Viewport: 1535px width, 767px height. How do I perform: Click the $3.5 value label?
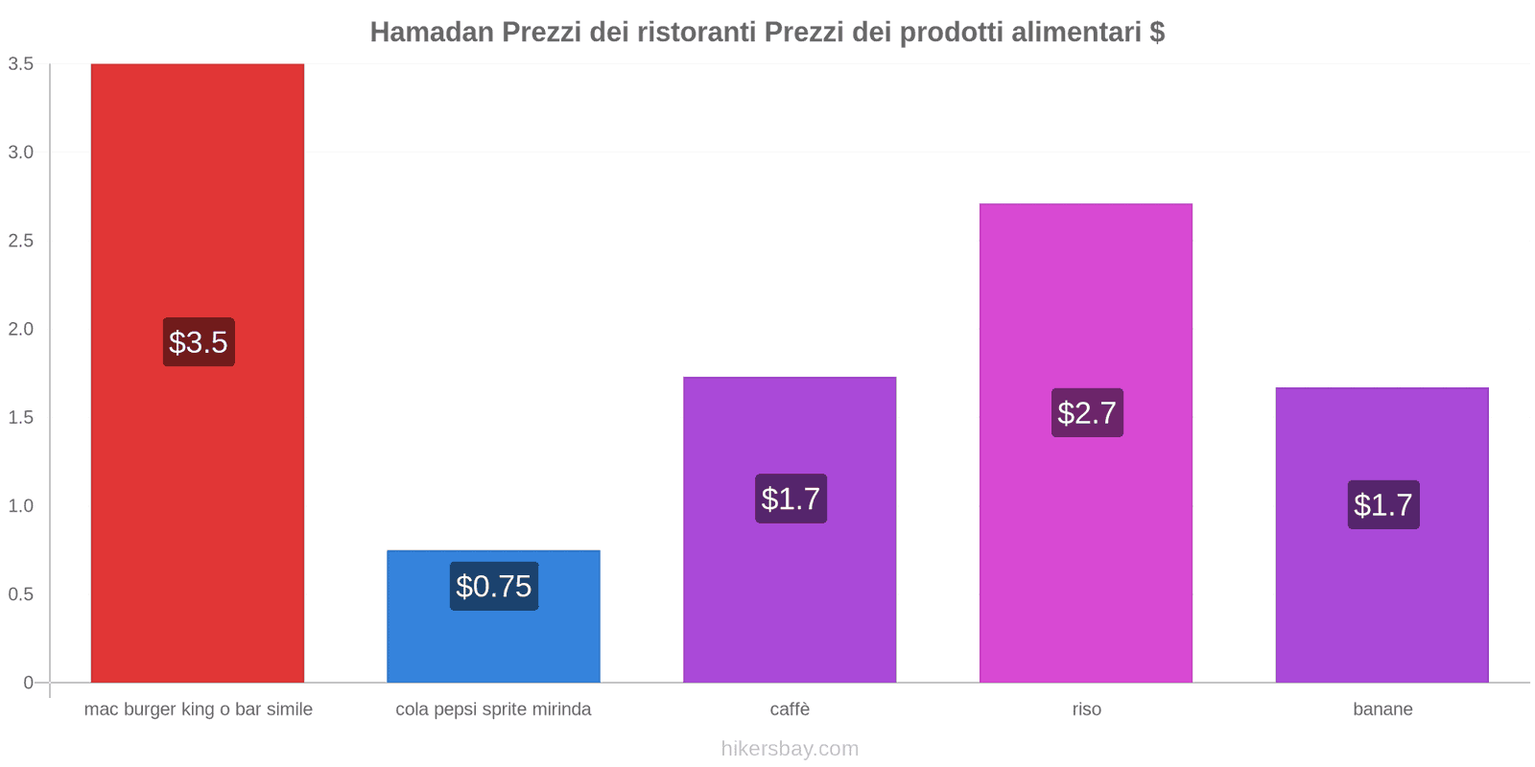(x=199, y=342)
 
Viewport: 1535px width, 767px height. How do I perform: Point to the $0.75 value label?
(x=493, y=586)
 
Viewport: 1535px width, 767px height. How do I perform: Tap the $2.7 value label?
(x=1087, y=413)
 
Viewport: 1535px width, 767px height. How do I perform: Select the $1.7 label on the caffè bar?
(x=791, y=499)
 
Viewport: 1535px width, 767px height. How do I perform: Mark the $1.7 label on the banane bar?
(x=1382, y=504)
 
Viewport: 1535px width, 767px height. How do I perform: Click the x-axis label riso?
(x=1086, y=709)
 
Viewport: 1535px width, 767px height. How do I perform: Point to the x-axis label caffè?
(x=790, y=709)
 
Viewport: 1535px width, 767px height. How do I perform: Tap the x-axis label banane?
(x=1382, y=709)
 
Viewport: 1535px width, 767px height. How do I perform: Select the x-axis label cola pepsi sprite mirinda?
(x=493, y=709)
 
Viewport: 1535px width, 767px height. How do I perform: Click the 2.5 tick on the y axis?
(x=21, y=241)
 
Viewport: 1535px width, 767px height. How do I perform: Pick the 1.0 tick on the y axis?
(x=21, y=506)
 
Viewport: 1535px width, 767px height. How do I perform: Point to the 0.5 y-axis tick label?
(x=21, y=594)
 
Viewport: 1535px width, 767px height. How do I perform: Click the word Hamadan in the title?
(x=432, y=33)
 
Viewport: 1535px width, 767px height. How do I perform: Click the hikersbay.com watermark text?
(x=790, y=749)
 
